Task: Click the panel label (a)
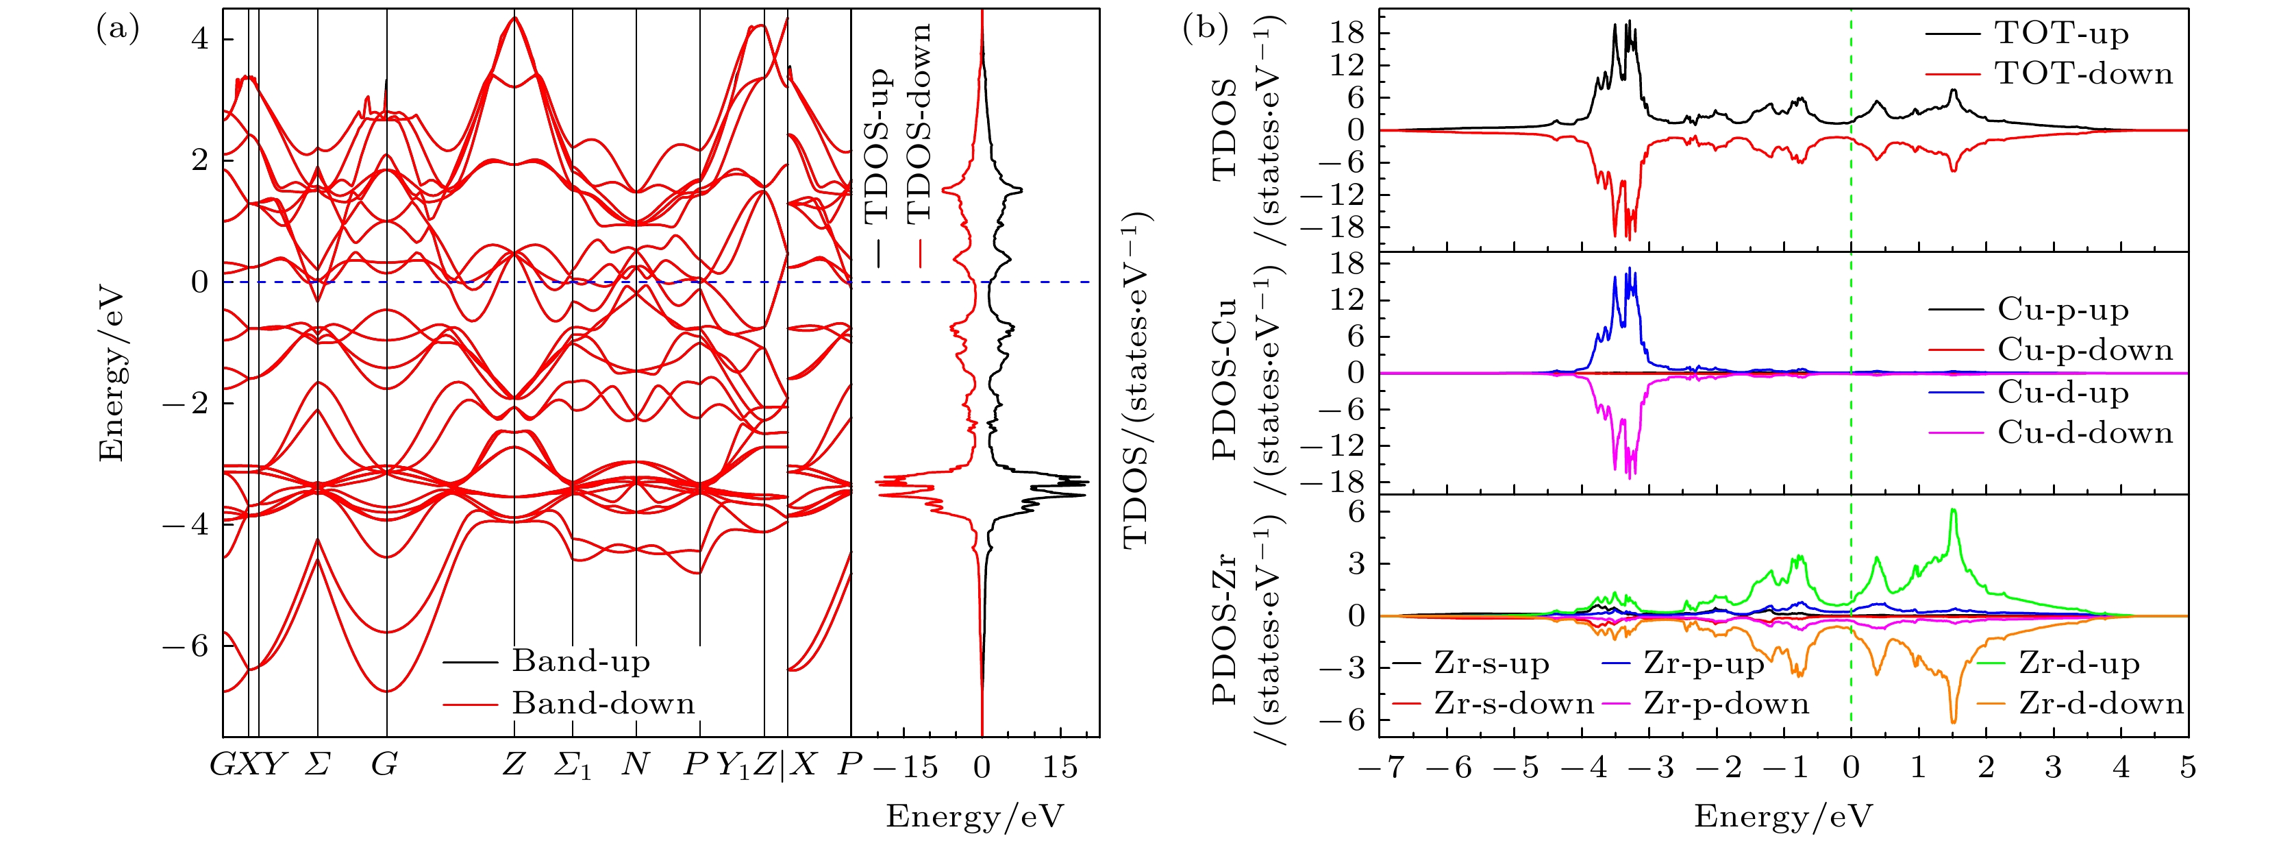[117, 29]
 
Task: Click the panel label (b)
[1206, 29]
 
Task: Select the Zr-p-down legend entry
[1726, 704]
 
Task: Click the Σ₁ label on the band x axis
[572, 765]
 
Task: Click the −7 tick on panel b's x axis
[1379, 768]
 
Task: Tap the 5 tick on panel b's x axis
[2188, 768]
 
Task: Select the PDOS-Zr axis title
[1225, 628]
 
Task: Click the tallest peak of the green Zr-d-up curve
[1953, 510]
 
